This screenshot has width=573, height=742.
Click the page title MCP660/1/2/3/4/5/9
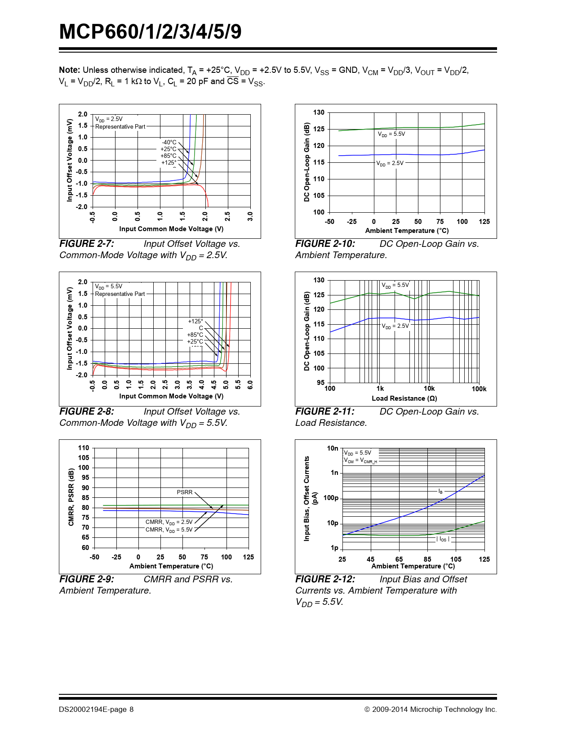point(150,32)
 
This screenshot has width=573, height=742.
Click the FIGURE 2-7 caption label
point(87,244)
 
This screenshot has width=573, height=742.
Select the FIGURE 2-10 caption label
point(325,244)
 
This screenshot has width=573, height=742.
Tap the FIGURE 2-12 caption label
point(325,579)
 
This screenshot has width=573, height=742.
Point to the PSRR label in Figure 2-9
point(184,492)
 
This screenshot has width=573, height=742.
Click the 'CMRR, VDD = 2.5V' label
point(169,522)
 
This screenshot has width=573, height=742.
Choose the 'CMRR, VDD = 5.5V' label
point(169,530)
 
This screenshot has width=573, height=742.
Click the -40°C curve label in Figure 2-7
point(169,142)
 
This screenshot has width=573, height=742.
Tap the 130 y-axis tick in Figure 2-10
point(319,112)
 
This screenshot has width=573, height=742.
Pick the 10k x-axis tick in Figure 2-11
point(429,389)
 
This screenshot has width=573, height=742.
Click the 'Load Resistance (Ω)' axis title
point(404,398)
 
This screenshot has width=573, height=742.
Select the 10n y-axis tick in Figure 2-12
point(333,448)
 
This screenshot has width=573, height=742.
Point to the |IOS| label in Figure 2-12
point(443,539)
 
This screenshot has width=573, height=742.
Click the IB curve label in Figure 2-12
point(440,492)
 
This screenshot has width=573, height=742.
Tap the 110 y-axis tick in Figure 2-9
point(84,448)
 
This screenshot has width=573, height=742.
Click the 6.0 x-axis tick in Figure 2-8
point(250,385)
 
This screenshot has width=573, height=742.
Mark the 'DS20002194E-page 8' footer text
point(96,709)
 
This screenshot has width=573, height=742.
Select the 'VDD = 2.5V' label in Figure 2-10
point(390,163)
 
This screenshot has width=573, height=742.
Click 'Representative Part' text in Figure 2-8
point(120,294)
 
